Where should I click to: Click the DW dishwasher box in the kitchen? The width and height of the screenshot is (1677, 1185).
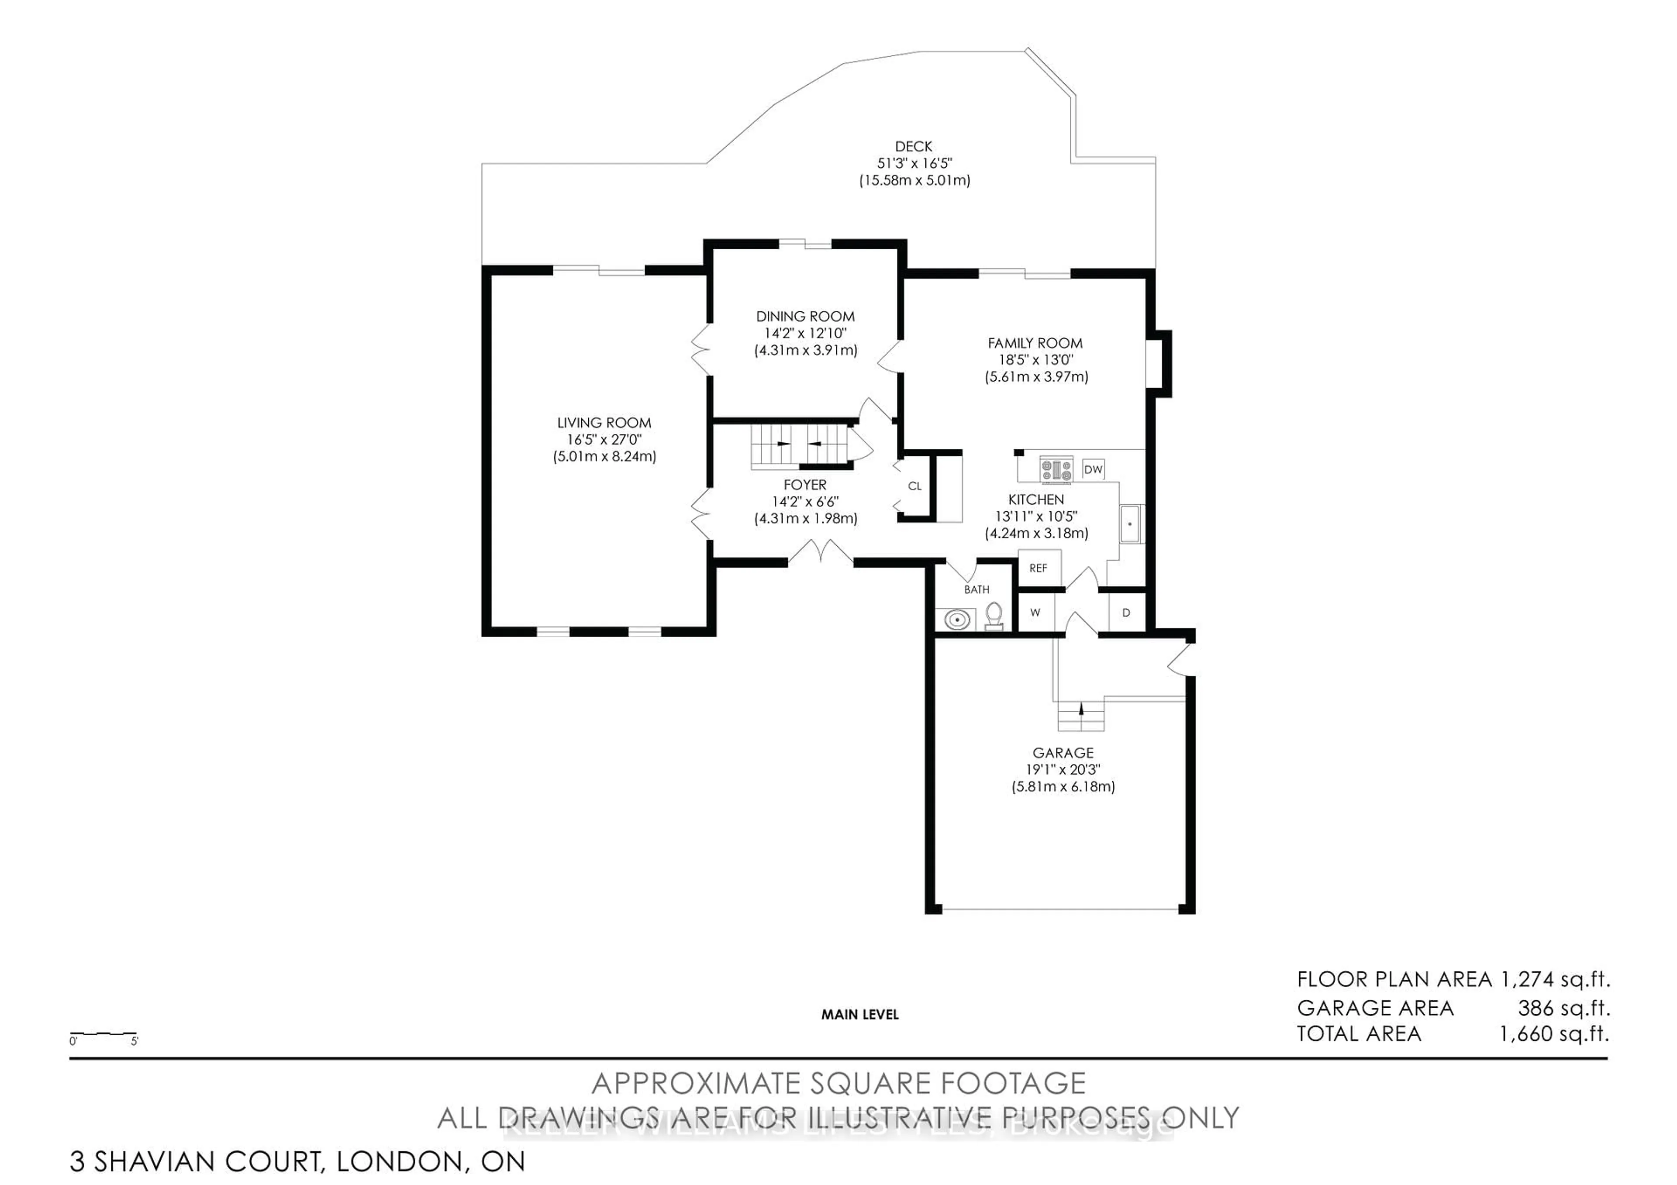pyautogui.click(x=1093, y=469)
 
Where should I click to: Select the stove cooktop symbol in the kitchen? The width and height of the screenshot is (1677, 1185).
pyautogui.click(x=1056, y=469)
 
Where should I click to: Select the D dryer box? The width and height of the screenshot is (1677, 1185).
pyautogui.click(x=1125, y=613)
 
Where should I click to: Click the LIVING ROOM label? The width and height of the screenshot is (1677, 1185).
pyautogui.click(x=604, y=423)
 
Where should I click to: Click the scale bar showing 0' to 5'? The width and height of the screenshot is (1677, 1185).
pyautogui.click(x=103, y=1035)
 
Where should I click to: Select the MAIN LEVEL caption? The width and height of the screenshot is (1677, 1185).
pyautogui.click(x=860, y=1014)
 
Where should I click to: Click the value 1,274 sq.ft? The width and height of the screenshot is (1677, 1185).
pyautogui.click(x=1555, y=979)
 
